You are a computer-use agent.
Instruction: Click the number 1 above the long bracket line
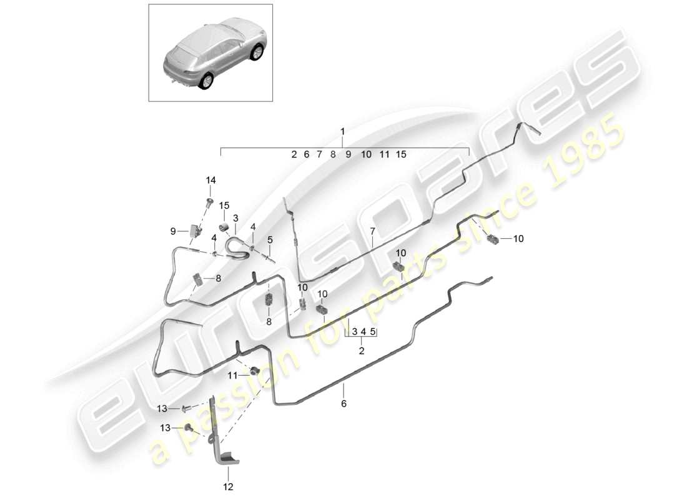coord(343,132)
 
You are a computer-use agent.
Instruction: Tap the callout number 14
coord(210,180)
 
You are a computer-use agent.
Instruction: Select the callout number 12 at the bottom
coord(228,487)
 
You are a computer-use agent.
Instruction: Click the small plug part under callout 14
coord(210,202)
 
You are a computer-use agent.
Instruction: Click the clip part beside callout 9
coord(195,231)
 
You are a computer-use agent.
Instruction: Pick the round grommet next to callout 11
coord(254,372)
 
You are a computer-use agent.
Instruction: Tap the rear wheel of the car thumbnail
coord(206,81)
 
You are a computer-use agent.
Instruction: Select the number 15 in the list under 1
coord(401,154)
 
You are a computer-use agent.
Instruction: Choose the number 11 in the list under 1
coord(384,154)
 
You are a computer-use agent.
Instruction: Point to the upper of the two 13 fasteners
coord(185,409)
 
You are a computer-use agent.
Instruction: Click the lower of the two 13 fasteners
coord(189,428)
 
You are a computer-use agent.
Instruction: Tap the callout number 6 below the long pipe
coord(343,404)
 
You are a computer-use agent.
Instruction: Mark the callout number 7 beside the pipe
coord(372,231)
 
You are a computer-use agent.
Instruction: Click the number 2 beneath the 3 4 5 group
coord(362,351)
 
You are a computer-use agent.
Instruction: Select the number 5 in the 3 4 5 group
coord(372,332)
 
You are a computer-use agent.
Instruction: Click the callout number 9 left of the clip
coord(173,231)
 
